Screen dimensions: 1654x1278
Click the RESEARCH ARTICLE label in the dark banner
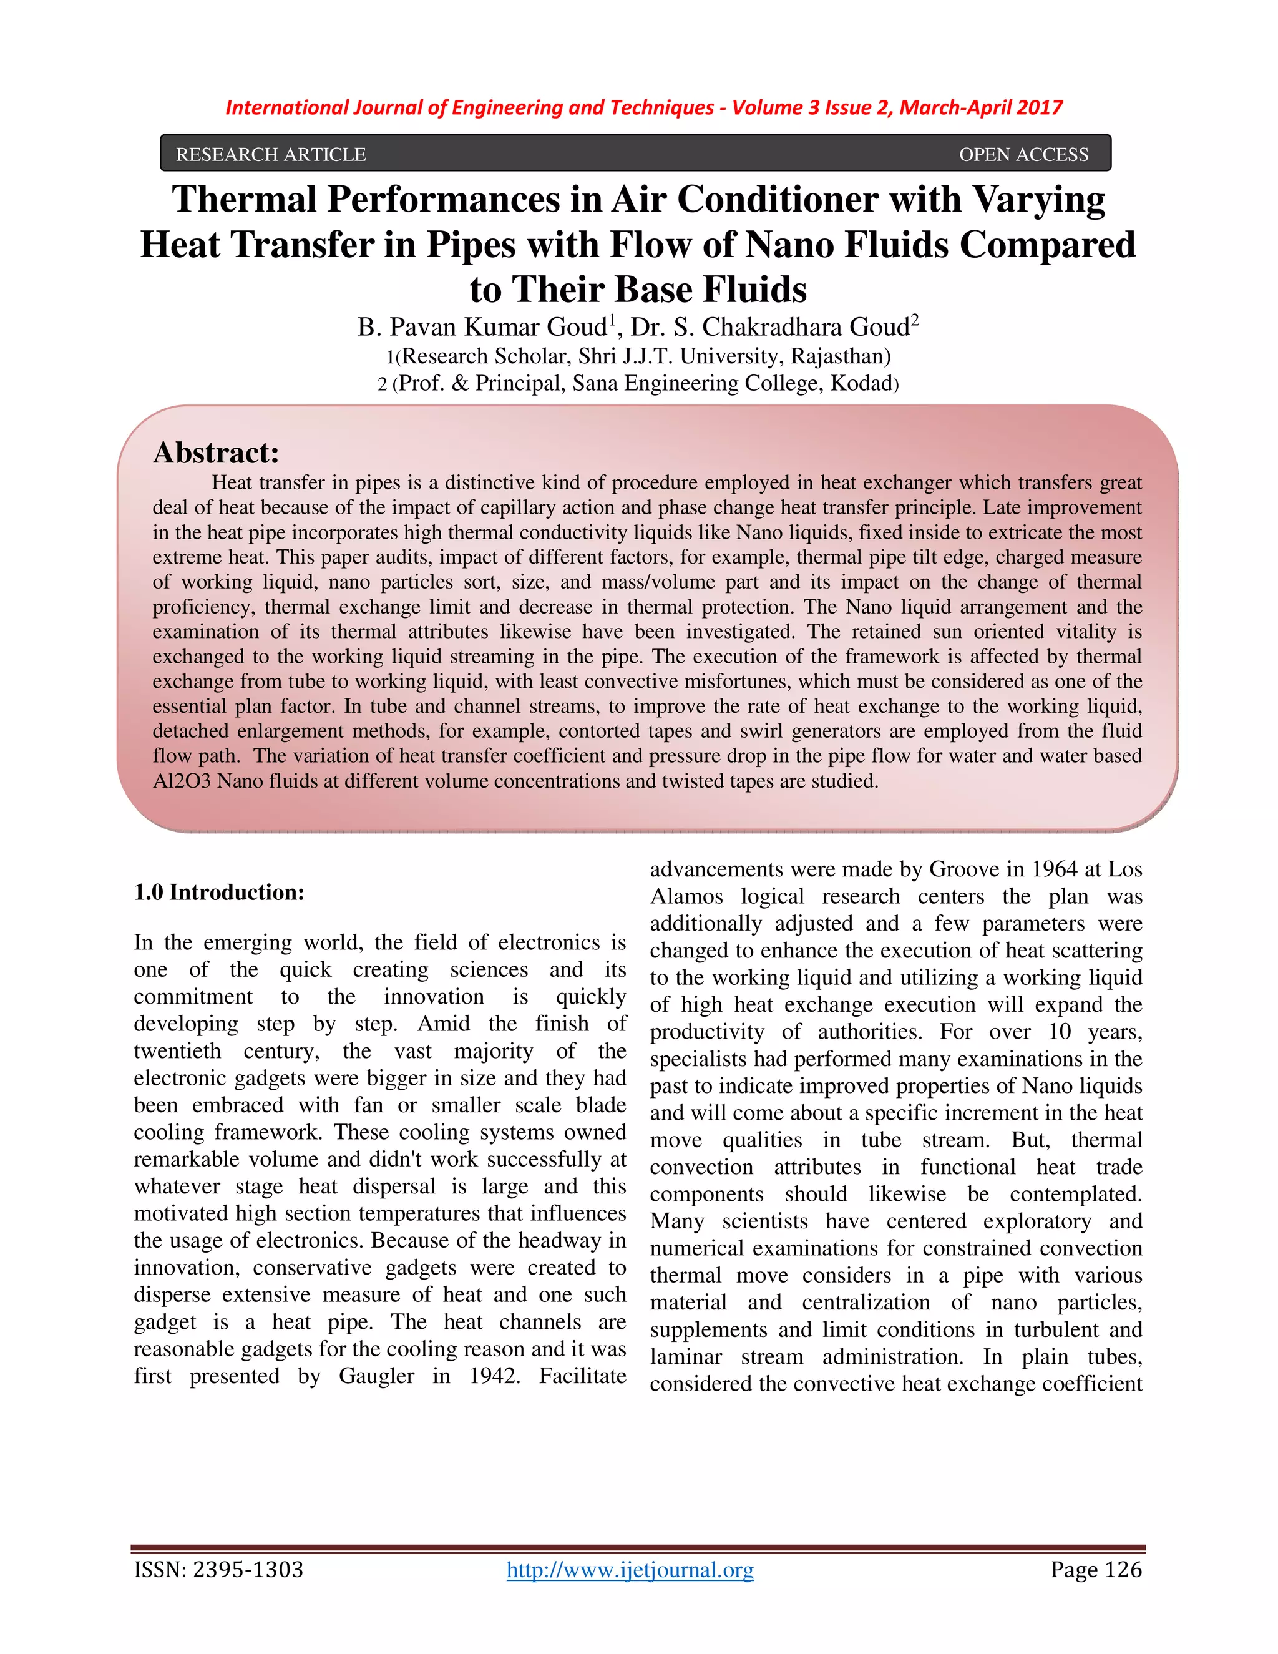(270, 155)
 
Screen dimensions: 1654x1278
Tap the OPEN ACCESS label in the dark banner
(1023, 155)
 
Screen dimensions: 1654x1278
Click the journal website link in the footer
(630, 1570)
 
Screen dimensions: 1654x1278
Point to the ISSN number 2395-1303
(248, 1570)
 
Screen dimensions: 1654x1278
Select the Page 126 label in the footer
(1096, 1570)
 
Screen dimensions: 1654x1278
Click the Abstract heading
(217, 453)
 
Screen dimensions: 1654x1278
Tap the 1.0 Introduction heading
(219, 892)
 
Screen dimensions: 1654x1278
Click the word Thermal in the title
(244, 200)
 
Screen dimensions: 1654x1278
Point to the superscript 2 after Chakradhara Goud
(915, 320)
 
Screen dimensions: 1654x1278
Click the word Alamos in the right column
(686, 897)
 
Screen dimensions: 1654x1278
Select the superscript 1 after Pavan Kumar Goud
(613, 320)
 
